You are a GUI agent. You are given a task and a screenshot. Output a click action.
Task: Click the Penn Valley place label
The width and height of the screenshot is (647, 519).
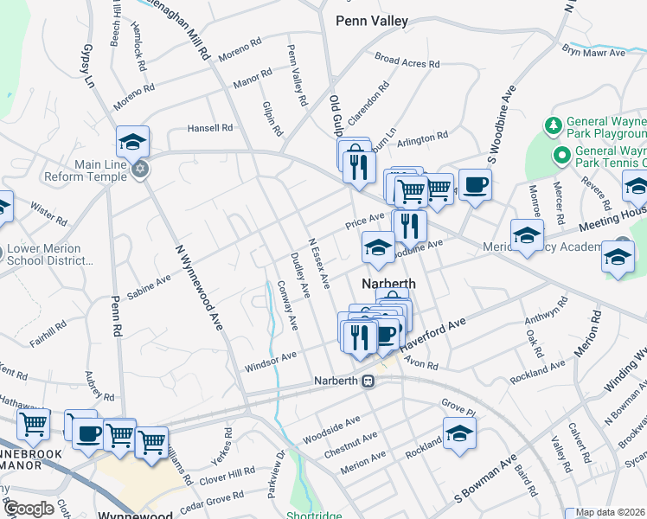(x=371, y=21)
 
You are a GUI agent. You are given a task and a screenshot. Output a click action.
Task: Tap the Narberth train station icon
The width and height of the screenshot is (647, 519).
(x=368, y=381)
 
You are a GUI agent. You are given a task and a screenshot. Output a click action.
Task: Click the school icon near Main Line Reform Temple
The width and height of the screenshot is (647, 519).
(x=133, y=140)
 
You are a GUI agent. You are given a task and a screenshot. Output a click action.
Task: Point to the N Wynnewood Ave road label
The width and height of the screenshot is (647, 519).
(x=195, y=280)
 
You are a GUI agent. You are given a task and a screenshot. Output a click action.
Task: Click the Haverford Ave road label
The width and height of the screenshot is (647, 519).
(x=438, y=333)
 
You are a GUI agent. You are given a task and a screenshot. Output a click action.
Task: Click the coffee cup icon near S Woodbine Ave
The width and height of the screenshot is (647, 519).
(x=475, y=183)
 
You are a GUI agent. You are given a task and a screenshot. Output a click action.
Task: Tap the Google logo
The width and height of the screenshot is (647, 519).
(x=29, y=508)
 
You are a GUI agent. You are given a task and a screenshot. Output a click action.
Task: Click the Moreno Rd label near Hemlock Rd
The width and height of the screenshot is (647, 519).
(x=133, y=99)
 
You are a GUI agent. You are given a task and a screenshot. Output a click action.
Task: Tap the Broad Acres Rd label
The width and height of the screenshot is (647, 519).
(x=407, y=61)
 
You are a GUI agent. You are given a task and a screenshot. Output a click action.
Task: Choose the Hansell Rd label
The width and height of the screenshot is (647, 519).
(x=211, y=128)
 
